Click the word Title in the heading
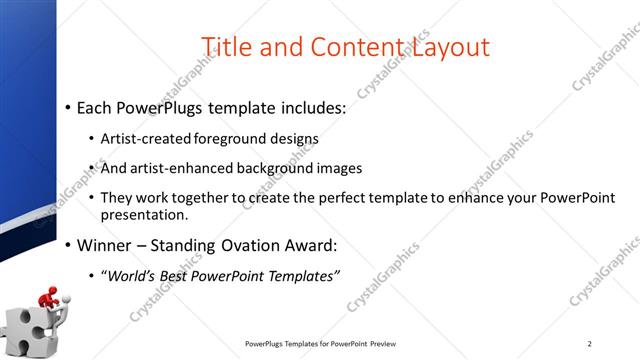tap(225, 46)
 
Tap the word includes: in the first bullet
tap(306, 107)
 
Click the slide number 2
tap(590, 344)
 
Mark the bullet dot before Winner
tap(66, 245)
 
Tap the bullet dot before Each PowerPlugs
tap(66, 107)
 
